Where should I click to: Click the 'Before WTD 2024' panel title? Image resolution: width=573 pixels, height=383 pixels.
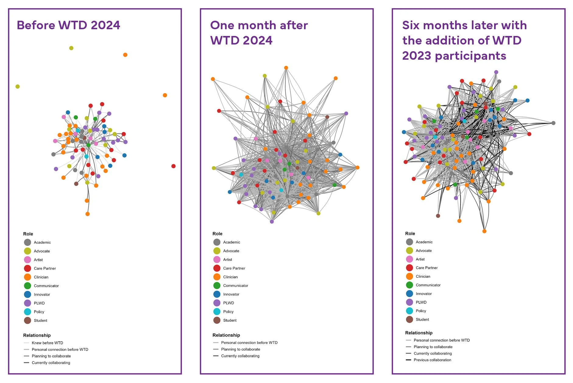pyautogui.click(x=68, y=25)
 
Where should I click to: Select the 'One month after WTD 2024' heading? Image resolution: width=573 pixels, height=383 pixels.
pyautogui.click(x=259, y=33)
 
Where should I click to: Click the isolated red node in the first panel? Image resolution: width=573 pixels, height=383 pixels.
pyautogui.click(x=173, y=166)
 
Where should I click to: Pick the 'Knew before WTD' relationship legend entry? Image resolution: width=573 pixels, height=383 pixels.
pyautogui.click(x=47, y=343)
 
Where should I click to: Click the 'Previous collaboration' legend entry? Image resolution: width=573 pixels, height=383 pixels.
pyautogui.click(x=432, y=360)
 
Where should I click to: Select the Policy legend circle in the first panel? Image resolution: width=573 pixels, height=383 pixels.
pyautogui.click(x=27, y=312)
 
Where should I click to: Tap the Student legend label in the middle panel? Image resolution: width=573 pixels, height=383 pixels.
pyautogui.click(x=230, y=320)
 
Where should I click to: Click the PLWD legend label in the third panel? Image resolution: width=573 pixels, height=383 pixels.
pyautogui.click(x=421, y=302)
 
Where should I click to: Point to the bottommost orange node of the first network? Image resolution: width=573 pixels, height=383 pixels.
pyautogui.click(x=87, y=214)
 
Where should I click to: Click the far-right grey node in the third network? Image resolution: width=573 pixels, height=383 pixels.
pyautogui.click(x=553, y=123)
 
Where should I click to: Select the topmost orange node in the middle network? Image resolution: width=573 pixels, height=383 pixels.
pyautogui.click(x=286, y=68)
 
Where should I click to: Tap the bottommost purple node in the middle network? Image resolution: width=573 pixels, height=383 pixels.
pyautogui.click(x=272, y=222)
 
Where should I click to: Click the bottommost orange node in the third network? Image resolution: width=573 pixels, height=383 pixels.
pyautogui.click(x=484, y=231)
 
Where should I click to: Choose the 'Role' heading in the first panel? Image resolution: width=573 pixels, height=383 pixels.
pyautogui.click(x=28, y=234)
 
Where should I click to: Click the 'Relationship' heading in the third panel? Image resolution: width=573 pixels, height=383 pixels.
pyautogui.click(x=419, y=333)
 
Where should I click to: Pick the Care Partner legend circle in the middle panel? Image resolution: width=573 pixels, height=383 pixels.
pyautogui.click(x=217, y=268)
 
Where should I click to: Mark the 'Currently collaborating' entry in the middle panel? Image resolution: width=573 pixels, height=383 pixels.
pyautogui.click(x=240, y=356)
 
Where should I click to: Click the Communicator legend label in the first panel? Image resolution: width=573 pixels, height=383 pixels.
pyautogui.click(x=46, y=286)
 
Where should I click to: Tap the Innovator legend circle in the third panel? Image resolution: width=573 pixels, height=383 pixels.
pyautogui.click(x=409, y=293)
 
